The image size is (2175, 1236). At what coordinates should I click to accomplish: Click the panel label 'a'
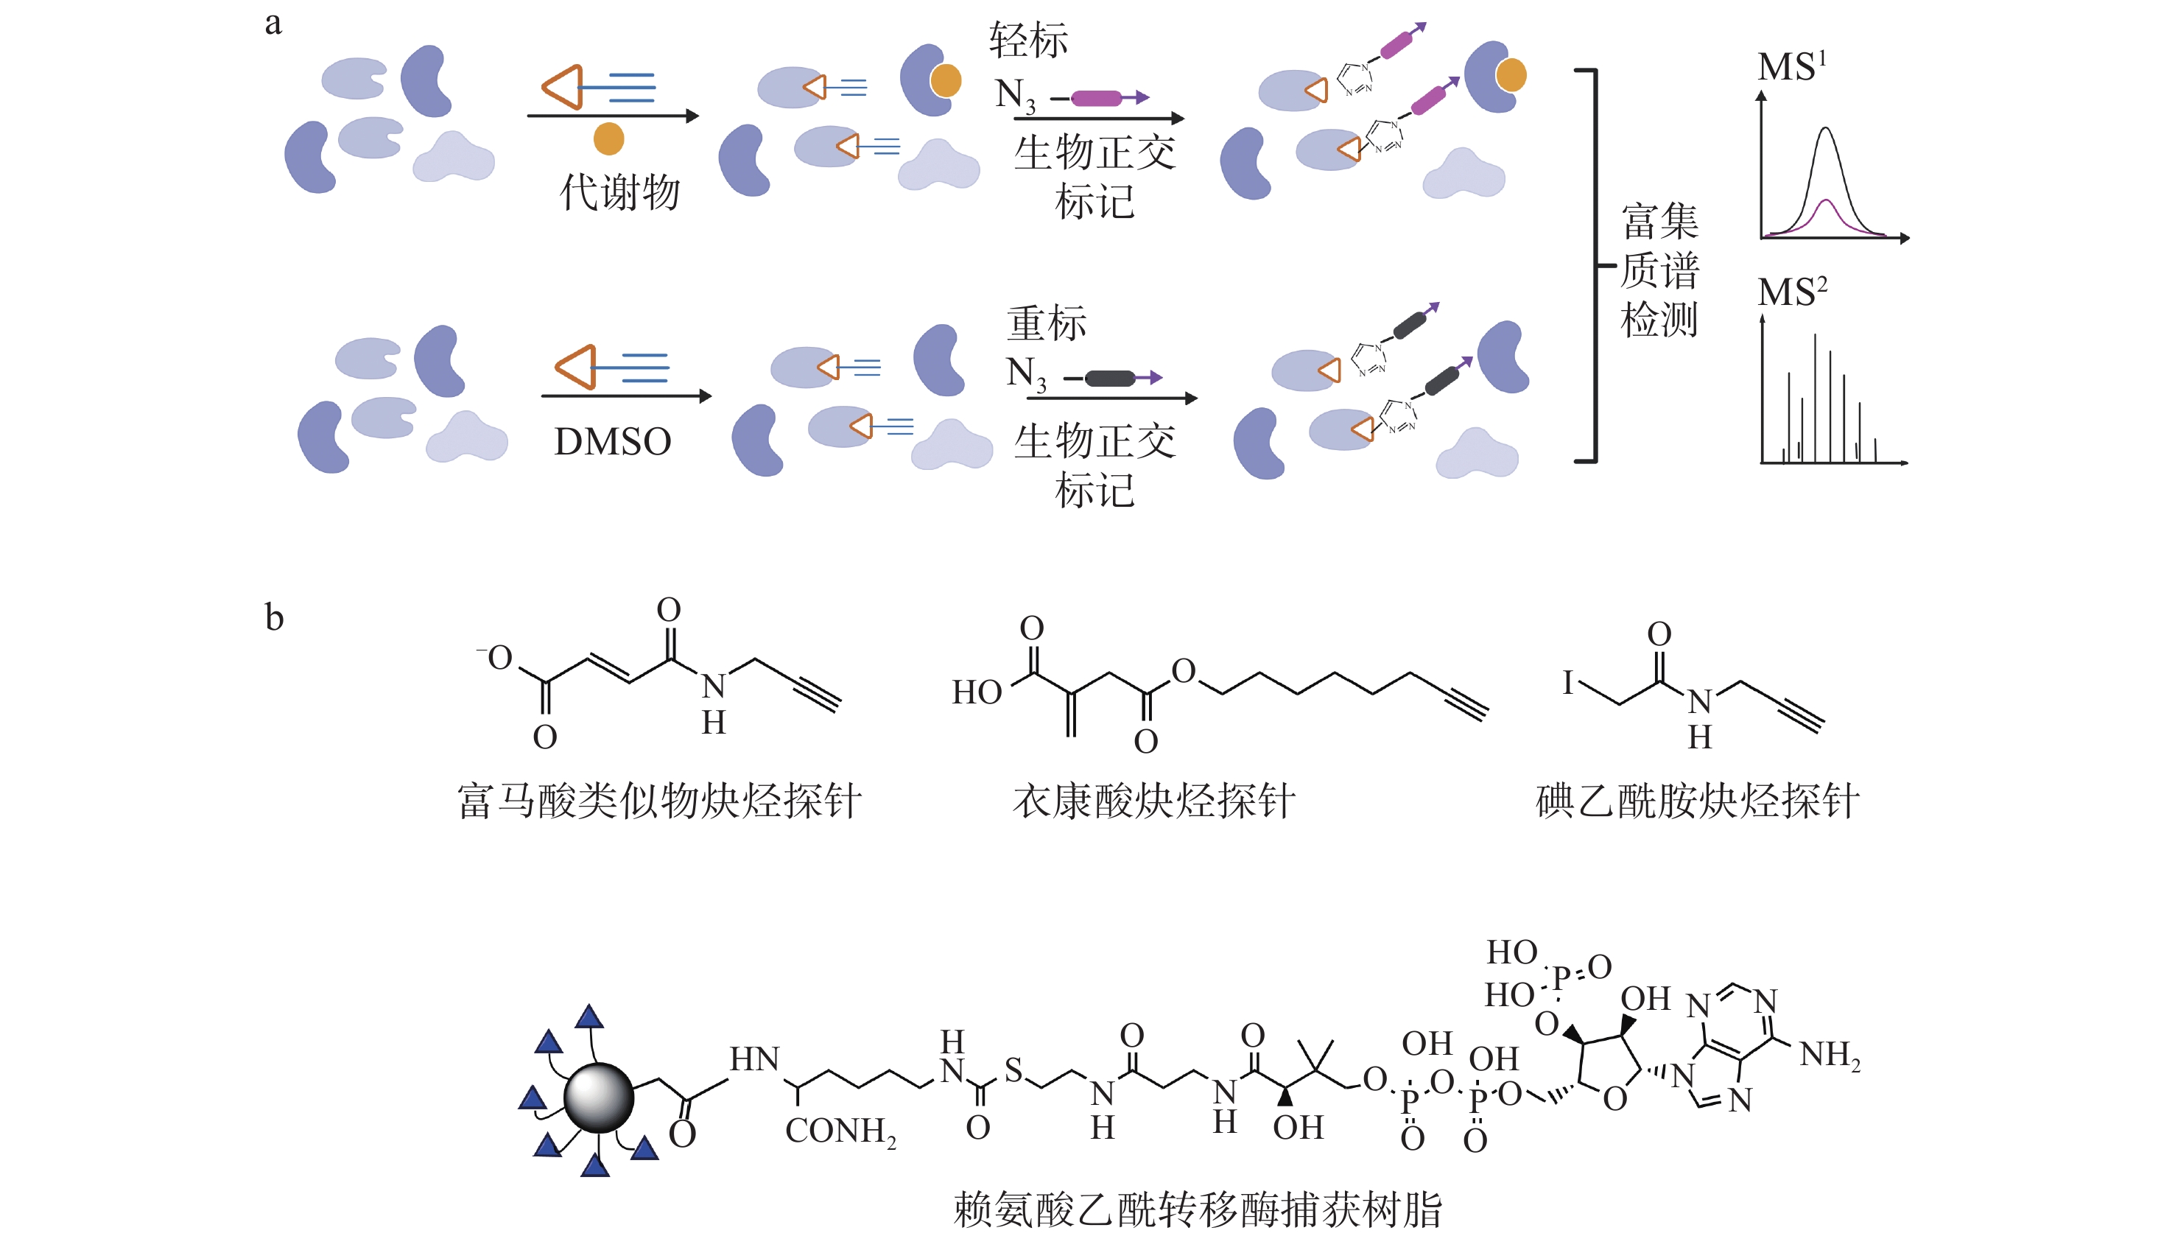coord(273,23)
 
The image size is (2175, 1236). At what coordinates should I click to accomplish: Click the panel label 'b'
coord(273,617)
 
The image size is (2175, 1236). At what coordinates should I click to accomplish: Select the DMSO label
coord(612,441)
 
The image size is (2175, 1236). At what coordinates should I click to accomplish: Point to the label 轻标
coord(1027,40)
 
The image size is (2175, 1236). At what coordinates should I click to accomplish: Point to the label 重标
coord(1047,323)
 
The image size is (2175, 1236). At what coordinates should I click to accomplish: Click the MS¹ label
coord(1791,66)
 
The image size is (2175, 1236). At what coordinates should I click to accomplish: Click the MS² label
coord(1791,291)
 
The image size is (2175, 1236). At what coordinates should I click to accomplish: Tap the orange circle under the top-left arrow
coord(608,138)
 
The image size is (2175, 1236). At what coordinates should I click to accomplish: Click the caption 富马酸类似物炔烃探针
coord(659,801)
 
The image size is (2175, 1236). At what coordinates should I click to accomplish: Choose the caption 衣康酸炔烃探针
coord(1153,801)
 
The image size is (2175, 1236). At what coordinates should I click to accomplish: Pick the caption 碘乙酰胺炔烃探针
coord(1697,801)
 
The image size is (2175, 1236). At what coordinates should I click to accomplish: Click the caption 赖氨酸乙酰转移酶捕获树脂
coord(1197,1209)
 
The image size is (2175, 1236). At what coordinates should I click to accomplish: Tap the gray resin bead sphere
coord(598,1098)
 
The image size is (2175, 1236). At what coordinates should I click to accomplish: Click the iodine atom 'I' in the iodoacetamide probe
coord(1567,683)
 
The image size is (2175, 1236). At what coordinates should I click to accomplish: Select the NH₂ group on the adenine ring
coord(1830,1056)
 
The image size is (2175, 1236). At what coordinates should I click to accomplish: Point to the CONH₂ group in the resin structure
coord(840,1131)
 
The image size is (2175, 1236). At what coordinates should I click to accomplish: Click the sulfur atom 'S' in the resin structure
coord(1013,1070)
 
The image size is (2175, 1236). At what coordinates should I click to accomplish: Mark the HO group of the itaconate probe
coord(977,692)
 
